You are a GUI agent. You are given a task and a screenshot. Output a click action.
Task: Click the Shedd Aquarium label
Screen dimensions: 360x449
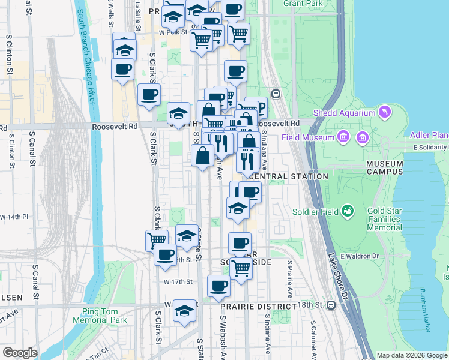(x=345, y=113)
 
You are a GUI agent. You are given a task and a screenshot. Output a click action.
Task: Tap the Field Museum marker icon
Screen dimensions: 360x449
(x=343, y=137)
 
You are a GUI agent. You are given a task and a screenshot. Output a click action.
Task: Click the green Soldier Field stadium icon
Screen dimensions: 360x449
(x=346, y=211)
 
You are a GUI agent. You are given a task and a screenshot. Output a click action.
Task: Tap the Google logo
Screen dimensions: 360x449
(x=20, y=353)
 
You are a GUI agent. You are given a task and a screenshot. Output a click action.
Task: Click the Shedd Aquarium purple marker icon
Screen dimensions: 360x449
(x=384, y=112)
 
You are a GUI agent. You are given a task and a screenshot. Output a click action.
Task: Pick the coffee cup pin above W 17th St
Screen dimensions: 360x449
(x=218, y=286)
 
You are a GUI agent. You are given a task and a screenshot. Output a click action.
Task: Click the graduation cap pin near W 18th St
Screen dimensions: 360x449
(x=185, y=310)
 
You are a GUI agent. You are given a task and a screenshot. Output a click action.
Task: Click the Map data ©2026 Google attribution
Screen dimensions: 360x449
(x=411, y=355)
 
